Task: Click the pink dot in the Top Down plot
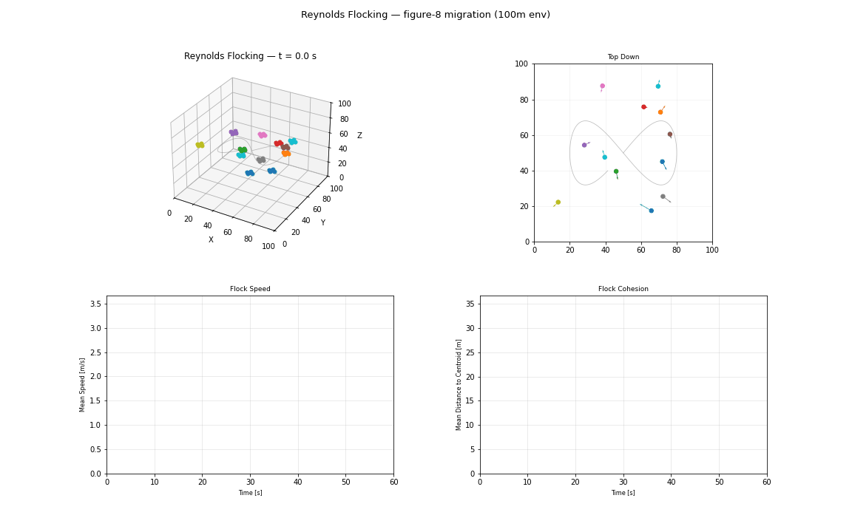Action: pyautogui.click(x=602, y=86)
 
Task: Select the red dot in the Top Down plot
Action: pyautogui.click(x=643, y=107)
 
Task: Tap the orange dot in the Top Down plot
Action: pyautogui.click(x=660, y=112)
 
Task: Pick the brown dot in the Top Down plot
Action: pyautogui.click(x=670, y=134)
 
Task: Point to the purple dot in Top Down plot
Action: pyautogui.click(x=584, y=145)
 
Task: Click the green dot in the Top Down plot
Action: pyautogui.click(x=615, y=171)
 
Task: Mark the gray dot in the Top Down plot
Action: pyautogui.click(x=663, y=197)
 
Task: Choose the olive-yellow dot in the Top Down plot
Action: pyautogui.click(x=558, y=202)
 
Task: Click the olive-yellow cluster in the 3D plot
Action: pyautogui.click(x=200, y=145)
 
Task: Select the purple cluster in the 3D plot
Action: pyautogui.click(x=234, y=132)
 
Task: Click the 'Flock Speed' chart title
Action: pyautogui.click(x=250, y=289)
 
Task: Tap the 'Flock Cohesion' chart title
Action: pyautogui.click(x=623, y=289)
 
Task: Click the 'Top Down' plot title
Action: pyautogui.click(x=623, y=57)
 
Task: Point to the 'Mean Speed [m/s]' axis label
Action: pyautogui.click(x=83, y=385)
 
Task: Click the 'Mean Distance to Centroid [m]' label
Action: pyautogui.click(x=459, y=385)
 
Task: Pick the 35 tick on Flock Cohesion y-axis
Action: pyautogui.click(x=470, y=304)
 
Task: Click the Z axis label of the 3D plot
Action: pyautogui.click(x=359, y=136)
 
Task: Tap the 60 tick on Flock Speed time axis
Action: pyautogui.click(x=393, y=482)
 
